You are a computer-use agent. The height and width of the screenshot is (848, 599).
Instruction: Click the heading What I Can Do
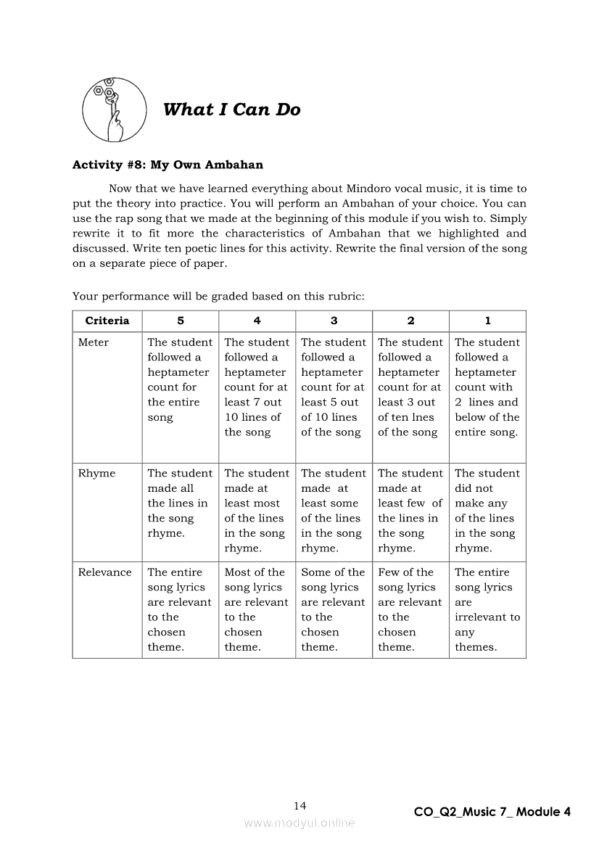[x=231, y=110]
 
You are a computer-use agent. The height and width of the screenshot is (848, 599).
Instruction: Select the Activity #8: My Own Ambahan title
[x=168, y=165]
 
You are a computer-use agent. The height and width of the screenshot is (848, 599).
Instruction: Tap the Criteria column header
[x=107, y=321]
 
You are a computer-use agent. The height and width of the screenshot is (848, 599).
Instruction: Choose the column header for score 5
[x=180, y=321]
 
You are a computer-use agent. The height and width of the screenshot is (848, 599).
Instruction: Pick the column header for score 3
[x=334, y=321]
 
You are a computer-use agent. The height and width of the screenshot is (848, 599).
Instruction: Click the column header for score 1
[x=487, y=321]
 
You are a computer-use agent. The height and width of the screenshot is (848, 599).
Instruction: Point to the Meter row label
[x=94, y=342]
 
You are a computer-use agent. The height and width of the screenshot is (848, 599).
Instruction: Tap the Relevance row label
[x=105, y=572]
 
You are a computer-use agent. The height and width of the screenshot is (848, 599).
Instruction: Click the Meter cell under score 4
[x=256, y=387]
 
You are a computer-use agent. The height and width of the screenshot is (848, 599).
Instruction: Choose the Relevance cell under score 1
[x=487, y=609]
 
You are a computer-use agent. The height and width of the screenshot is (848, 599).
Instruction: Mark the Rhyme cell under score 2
[x=410, y=510]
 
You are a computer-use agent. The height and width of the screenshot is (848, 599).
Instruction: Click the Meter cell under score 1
[x=487, y=387]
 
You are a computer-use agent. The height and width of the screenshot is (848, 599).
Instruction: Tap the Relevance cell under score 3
[x=334, y=609]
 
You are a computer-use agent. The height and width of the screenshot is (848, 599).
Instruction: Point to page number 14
[x=300, y=806]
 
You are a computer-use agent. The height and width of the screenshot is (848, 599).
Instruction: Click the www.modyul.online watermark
[x=299, y=823]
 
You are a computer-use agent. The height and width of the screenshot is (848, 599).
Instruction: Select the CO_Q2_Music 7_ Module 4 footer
[x=492, y=812]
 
